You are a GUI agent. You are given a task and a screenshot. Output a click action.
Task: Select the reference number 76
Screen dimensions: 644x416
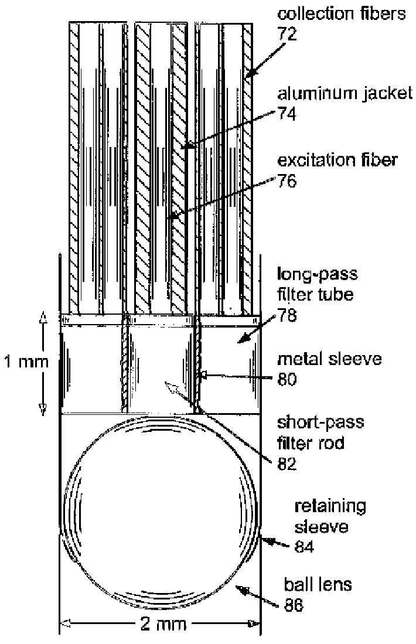point(287,181)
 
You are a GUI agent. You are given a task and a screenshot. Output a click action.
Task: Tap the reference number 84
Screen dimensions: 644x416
point(305,547)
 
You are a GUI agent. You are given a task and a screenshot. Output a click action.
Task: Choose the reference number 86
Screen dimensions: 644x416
point(294,605)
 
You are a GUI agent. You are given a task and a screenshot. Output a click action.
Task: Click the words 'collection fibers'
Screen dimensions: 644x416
point(341,13)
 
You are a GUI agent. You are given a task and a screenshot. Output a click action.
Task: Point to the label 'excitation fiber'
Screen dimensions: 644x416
point(336,160)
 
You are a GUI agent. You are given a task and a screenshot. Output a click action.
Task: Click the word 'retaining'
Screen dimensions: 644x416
point(330,506)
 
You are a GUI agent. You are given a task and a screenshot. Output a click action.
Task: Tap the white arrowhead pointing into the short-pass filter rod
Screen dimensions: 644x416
point(171,387)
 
